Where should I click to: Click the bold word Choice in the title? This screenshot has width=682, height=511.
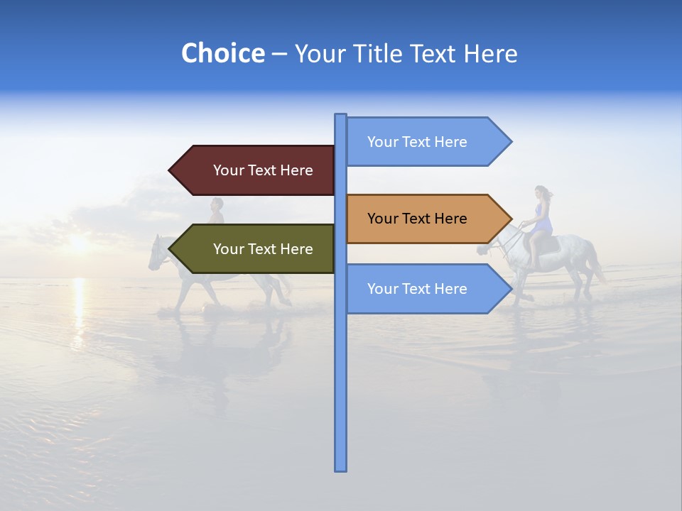click(222, 54)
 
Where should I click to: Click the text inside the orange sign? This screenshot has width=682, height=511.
click(417, 219)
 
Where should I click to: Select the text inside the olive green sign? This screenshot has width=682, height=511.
click(263, 249)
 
